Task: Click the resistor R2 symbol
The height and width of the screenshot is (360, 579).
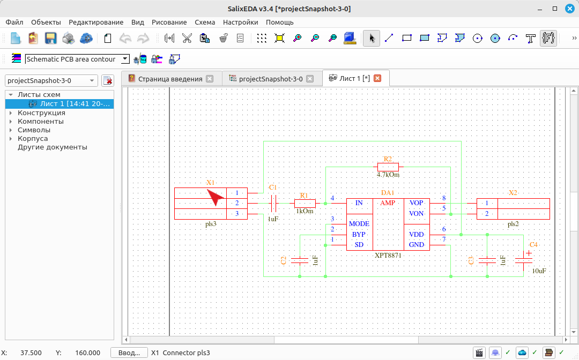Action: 388,167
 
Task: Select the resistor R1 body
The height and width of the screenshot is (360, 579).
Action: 305,203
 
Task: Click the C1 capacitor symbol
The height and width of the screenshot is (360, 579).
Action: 273,203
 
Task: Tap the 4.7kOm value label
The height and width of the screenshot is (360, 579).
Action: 388,175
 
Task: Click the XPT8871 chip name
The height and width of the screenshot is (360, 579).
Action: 388,255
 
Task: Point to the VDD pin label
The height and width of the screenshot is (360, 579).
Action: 416,235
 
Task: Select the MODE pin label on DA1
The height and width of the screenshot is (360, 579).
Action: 359,224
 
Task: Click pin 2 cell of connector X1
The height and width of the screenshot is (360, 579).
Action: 237,203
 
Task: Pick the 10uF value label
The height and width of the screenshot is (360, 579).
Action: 539,271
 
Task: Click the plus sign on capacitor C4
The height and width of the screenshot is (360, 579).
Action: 529,253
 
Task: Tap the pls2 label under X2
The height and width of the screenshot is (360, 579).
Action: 513,224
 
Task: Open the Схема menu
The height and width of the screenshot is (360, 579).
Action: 205,22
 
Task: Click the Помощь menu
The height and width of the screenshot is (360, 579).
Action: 279,22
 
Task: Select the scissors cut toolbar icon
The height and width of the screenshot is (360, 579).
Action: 187,38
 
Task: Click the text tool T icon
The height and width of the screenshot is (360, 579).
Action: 531,38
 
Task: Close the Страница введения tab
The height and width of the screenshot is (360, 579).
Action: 210,79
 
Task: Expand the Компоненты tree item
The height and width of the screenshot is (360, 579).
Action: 11,122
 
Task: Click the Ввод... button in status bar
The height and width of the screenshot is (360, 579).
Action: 129,353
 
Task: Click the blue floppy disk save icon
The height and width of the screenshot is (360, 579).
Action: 50,38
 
